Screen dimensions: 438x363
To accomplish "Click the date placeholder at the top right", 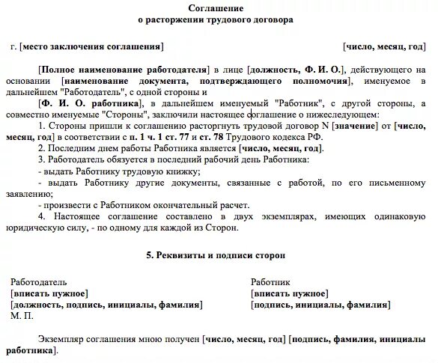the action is (383, 46).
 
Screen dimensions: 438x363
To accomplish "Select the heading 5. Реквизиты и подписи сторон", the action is (216, 255).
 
